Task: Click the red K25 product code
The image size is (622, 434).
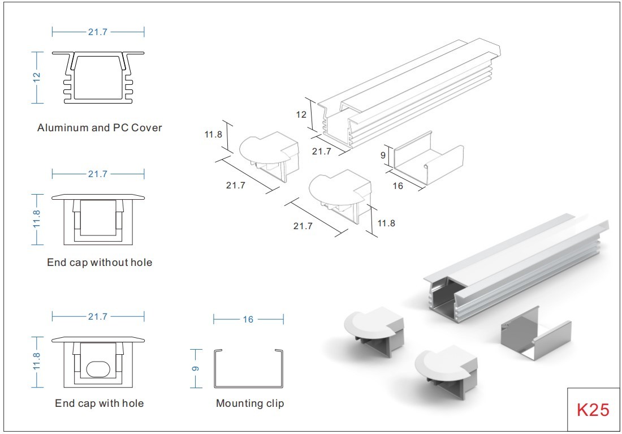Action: coord(593,410)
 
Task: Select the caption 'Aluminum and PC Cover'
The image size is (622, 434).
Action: coord(100,128)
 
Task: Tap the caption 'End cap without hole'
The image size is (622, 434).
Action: coord(100,263)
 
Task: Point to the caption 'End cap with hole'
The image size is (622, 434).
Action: coord(100,403)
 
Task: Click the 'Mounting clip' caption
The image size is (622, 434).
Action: coord(250,403)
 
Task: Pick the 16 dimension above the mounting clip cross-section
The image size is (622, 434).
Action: coord(248,320)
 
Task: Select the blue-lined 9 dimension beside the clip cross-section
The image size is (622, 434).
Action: coord(196,368)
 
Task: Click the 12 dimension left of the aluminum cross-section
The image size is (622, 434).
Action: coord(37,77)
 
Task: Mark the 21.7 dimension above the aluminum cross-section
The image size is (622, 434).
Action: coord(97,32)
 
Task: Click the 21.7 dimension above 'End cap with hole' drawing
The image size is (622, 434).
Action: coord(97,317)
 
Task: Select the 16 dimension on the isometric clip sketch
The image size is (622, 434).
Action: coord(398,185)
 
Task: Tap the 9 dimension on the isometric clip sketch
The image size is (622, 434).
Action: coord(383,154)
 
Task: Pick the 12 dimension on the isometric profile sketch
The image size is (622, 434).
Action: coord(301,114)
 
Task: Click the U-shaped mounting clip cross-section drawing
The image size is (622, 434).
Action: coord(248,369)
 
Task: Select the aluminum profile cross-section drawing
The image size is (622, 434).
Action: coord(98,78)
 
